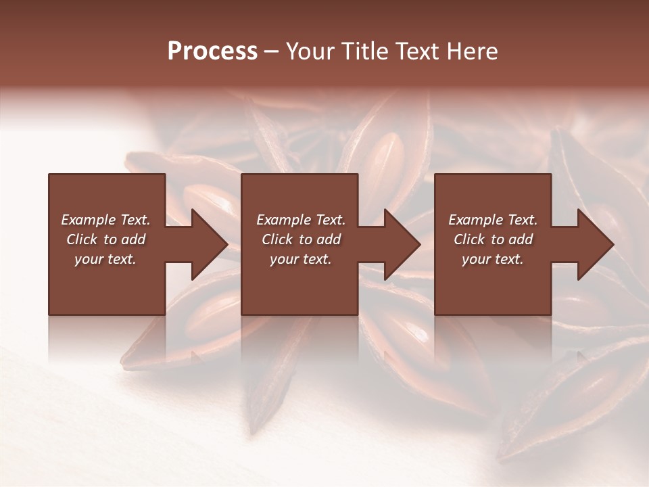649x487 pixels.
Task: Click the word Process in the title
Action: coord(212,51)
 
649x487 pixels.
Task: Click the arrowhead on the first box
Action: coord(206,244)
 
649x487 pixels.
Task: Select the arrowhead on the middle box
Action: coord(399,244)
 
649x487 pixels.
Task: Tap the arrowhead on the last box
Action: coord(592,244)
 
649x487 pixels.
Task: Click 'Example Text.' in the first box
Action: coord(105,220)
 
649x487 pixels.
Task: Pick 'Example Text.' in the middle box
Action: coord(301,220)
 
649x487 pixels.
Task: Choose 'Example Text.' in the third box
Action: coord(493,220)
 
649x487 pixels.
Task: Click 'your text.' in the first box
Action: coord(105,259)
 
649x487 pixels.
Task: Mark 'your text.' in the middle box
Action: coord(301,259)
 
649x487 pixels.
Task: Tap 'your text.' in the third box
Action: coord(493,259)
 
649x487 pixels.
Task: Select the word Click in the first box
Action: coord(82,239)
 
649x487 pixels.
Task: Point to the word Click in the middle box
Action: coord(277,239)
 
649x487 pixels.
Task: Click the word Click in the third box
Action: coord(469,239)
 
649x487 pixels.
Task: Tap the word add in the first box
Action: coord(133,239)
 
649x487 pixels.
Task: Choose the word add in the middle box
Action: coord(329,239)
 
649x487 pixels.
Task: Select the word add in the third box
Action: coord(521,239)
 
